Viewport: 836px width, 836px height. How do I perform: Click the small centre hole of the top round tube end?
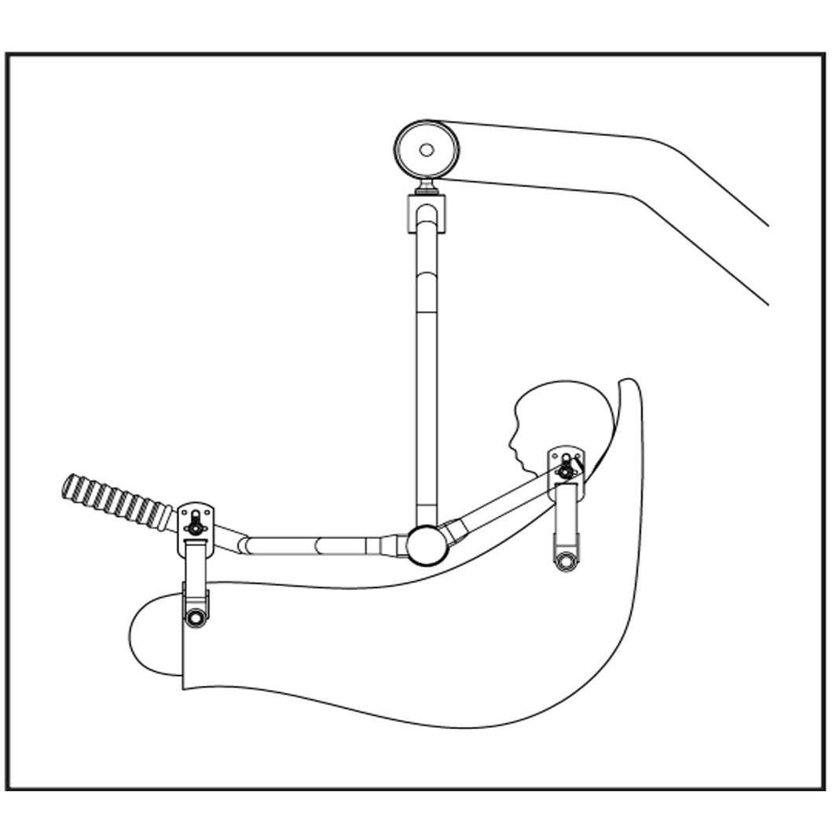pos(426,149)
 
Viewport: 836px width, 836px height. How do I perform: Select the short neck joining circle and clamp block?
pos(427,187)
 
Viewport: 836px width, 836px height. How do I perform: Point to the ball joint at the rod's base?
pos(427,544)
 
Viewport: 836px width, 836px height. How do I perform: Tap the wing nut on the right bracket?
pos(566,470)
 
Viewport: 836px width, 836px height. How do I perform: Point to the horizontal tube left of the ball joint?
pos(314,544)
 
